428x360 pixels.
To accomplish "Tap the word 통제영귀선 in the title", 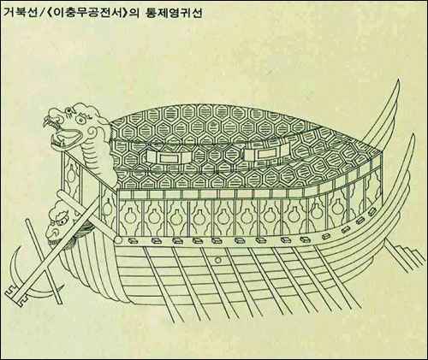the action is point(174,12).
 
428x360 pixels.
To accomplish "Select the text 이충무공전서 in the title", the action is point(88,12).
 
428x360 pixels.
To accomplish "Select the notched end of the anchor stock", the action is point(15,296).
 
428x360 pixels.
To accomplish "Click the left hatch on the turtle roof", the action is point(169,156).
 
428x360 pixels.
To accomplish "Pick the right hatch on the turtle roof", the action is point(267,153).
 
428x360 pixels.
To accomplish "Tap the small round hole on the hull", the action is point(218,260).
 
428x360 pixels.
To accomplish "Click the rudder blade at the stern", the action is point(405,254).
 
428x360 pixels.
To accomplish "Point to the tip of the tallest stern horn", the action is point(398,80).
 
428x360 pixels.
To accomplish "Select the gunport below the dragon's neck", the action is point(71,174).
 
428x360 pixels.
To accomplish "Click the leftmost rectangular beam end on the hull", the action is point(133,241).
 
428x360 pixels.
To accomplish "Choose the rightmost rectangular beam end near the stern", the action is point(372,211).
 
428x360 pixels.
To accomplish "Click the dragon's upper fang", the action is point(45,122).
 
